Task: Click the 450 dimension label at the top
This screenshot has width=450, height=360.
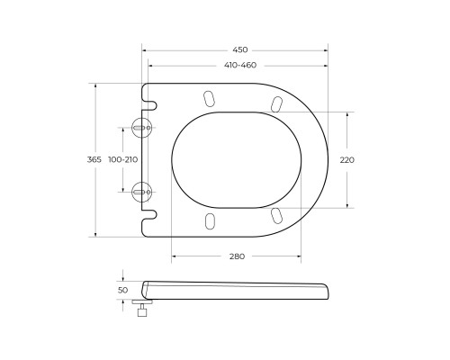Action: pyautogui.click(x=238, y=50)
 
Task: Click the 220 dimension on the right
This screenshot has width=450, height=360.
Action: pyautogui.click(x=347, y=159)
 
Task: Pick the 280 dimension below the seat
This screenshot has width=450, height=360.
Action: pyautogui.click(x=237, y=256)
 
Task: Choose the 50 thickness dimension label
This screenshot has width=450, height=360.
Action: pyautogui.click(x=123, y=291)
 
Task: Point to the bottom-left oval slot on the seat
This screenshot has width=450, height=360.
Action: pyautogui.click(x=210, y=220)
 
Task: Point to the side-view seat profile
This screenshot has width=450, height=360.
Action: pyautogui.click(x=238, y=290)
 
